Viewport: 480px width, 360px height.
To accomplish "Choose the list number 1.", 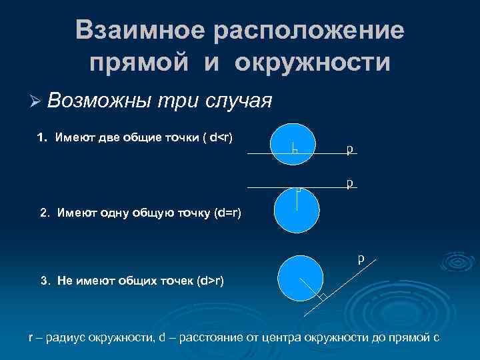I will [41, 138].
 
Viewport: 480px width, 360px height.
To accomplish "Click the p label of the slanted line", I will [361, 257].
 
